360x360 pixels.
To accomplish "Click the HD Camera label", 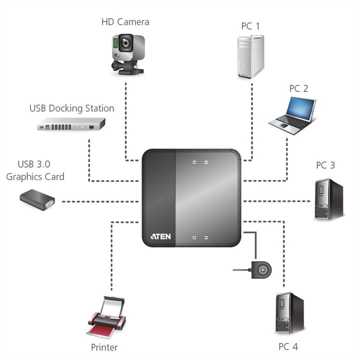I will [x=125, y=22].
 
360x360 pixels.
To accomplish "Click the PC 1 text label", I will [x=250, y=26].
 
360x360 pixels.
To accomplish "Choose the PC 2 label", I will [x=298, y=88].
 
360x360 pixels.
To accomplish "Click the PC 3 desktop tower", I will [x=328, y=199].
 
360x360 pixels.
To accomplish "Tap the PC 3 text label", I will [x=325, y=165].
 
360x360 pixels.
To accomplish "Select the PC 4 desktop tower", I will [x=289, y=313].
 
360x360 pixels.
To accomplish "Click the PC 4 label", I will [x=288, y=346].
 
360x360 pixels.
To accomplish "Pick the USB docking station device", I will [x=71, y=124].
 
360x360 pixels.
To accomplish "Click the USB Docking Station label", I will [x=71, y=108].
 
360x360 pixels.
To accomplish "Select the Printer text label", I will [x=104, y=347].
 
